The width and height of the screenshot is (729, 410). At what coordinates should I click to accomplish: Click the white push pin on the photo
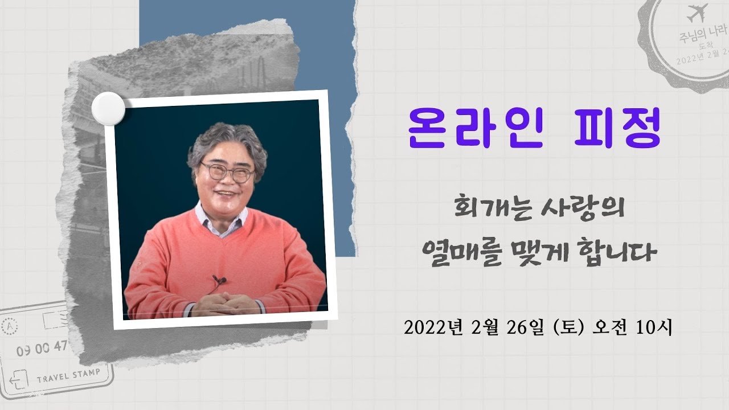pos(108,108)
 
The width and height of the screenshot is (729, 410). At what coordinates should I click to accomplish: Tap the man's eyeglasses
pos(227,172)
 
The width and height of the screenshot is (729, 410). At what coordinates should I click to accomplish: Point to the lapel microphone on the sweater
pos(219,279)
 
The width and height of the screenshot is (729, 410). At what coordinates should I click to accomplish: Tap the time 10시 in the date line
pos(654,329)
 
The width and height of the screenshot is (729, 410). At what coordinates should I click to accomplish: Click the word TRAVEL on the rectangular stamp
pos(54,378)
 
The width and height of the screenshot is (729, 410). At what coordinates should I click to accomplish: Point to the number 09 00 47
pos(42,348)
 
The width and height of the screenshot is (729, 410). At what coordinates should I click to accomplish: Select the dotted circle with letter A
pos(10,326)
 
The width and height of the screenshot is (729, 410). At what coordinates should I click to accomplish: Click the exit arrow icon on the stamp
pos(18,380)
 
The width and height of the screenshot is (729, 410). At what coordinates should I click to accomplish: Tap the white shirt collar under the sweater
pos(222,220)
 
